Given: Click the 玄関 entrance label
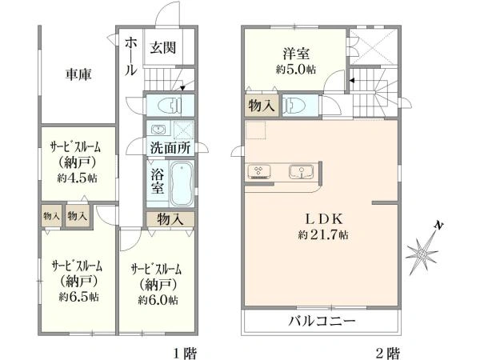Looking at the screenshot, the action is point(163,47).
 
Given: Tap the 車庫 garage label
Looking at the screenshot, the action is point(78,74).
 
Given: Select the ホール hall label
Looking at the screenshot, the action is point(131,56).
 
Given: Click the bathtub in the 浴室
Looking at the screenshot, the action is point(182,183).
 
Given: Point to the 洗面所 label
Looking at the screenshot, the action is point(170,148).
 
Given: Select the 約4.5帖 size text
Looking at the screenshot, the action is point(77,178).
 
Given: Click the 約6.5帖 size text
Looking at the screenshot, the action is point(78,296).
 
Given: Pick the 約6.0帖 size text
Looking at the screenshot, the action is point(158,300).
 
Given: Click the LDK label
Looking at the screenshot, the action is point(324,218).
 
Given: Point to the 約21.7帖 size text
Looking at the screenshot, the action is point(323,235).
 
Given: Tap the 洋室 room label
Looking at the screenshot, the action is point(296,54).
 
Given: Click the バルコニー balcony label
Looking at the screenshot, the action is point(322,321).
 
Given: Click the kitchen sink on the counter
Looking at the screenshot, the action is point(302,172).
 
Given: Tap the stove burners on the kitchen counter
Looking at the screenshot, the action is point(259,171).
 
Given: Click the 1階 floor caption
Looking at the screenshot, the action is point(186,353).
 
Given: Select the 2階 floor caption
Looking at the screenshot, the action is point(387,353).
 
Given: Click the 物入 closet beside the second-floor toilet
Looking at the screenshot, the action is point(261,106).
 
